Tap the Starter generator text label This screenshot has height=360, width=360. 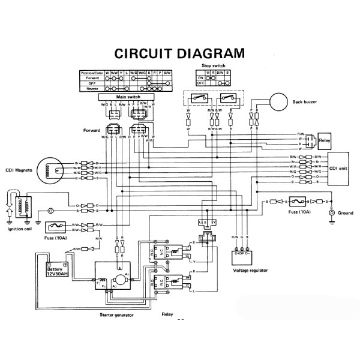116,314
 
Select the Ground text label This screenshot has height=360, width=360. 345,213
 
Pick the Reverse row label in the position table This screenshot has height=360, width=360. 92,88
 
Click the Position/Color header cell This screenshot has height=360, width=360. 92,73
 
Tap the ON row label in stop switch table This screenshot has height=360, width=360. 200,77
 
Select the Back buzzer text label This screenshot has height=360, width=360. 306,102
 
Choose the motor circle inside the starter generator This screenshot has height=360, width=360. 120,278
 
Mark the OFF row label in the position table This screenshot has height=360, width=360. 92,83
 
